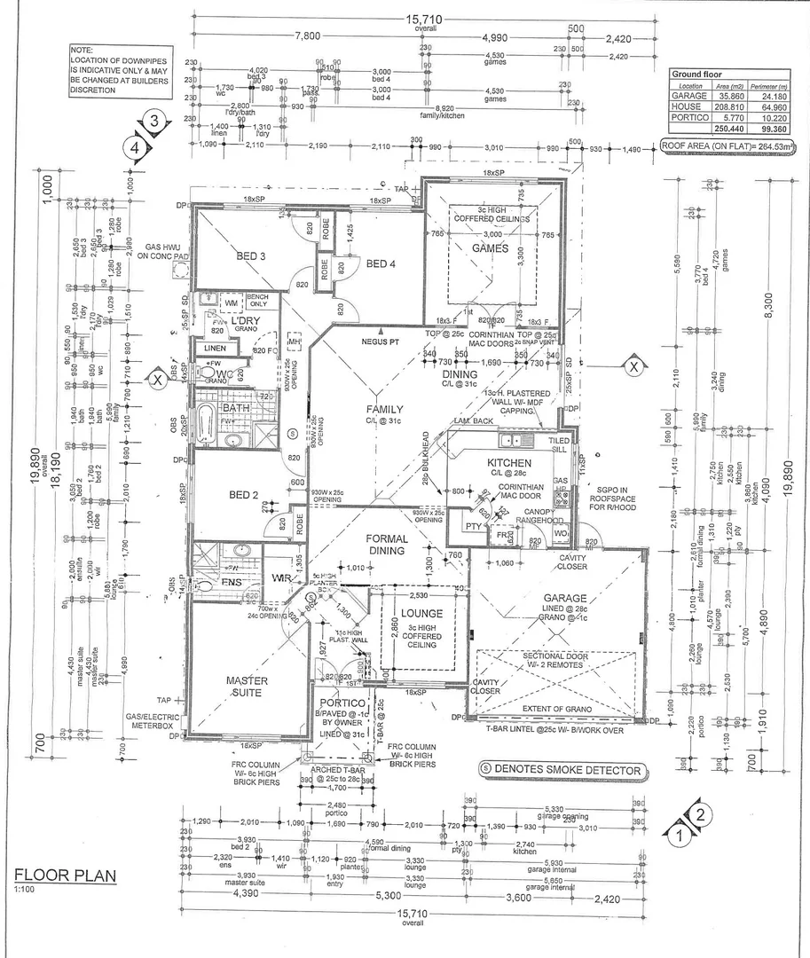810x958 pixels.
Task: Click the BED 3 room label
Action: [251, 256]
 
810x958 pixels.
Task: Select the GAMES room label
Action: [490, 248]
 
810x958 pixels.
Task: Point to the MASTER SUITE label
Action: [242, 686]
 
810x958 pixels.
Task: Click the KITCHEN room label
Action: [509, 463]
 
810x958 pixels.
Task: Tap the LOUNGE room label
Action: [416, 612]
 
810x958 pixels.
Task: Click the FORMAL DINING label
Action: [387, 544]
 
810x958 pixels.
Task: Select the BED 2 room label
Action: [242, 494]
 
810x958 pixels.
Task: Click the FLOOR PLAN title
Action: [65, 875]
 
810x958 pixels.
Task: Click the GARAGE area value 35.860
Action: [720, 94]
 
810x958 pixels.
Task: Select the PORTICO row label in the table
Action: [689, 117]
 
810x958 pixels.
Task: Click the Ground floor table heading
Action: [696, 75]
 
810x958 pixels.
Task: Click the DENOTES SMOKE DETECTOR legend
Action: [560, 770]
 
